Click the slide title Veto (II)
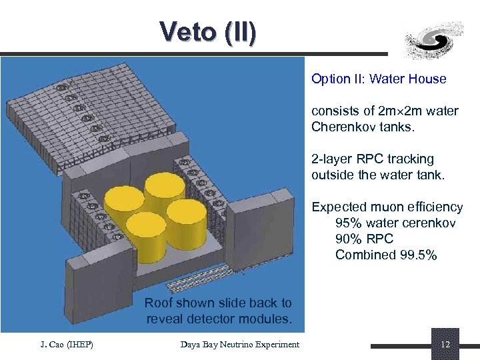(x=207, y=32)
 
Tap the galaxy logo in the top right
(x=435, y=39)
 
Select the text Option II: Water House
(x=379, y=79)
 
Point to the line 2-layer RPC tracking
(x=372, y=159)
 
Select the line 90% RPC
(x=364, y=239)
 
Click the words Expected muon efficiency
(x=387, y=207)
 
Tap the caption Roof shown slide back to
(x=218, y=303)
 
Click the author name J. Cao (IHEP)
(x=65, y=344)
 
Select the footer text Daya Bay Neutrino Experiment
(x=240, y=344)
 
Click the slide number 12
(x=445, y=345)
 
